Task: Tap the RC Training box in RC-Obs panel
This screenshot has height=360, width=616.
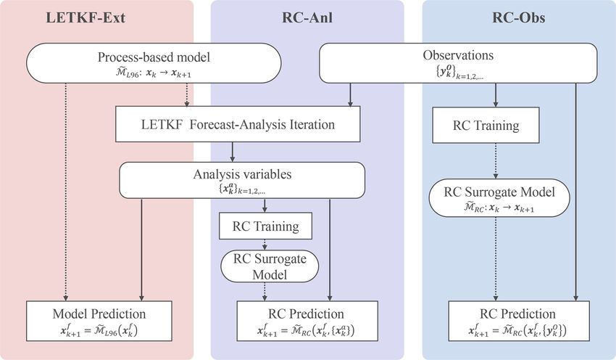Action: click(486, 125)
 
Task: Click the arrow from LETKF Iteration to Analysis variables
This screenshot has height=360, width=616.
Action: click(232, 151)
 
